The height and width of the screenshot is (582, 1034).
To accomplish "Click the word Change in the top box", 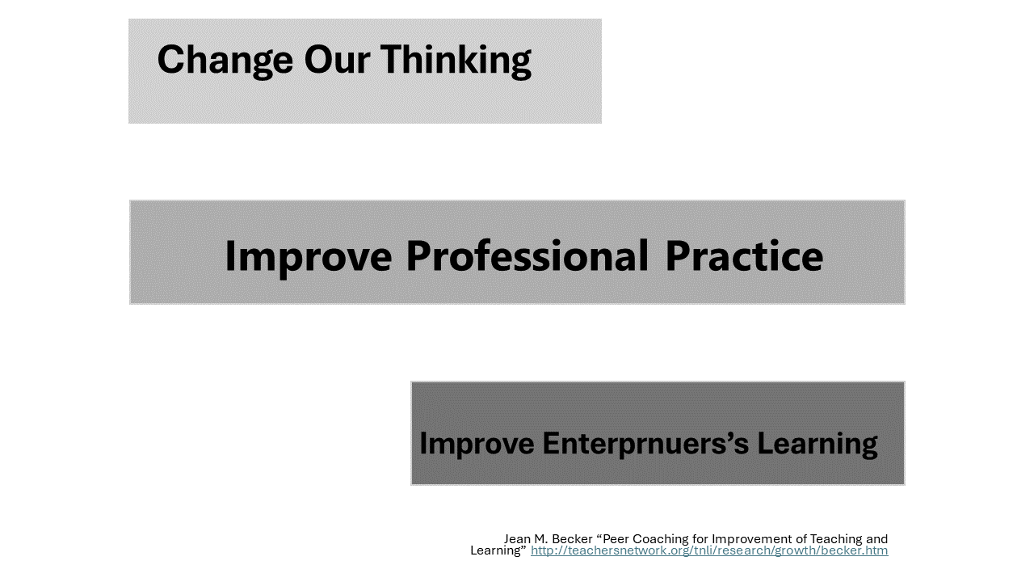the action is [x=225, y=60].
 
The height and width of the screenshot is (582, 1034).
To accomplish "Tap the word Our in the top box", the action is [x=337, y=60].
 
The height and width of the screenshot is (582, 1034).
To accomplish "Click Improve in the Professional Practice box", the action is [x=309, y=258].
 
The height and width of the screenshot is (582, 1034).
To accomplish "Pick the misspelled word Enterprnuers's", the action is [x=645, y=444].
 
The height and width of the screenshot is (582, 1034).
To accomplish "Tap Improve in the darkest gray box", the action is [x=477, y=445].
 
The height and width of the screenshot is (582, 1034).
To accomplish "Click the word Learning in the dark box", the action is [x=818, y=445].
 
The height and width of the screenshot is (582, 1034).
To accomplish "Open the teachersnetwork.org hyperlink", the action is [x=709, y=550].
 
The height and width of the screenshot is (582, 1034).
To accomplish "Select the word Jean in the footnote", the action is [x=518, y=539].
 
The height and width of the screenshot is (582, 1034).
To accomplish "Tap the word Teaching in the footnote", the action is [x=836, y=539].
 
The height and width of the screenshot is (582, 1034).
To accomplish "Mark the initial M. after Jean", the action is [x=541, y=539].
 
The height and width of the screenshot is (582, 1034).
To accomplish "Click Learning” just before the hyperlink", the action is [x=498, y=550].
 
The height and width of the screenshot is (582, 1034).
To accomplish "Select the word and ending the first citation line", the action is [x=876, y=539].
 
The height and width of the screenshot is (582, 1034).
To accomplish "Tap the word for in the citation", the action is [x=700, y=539].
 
